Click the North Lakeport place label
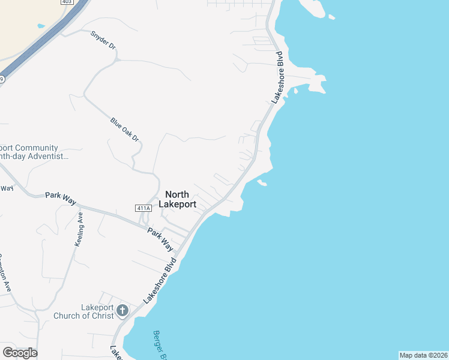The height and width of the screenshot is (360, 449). [x=177, y=199]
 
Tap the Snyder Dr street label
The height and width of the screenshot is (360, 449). [x=102, y=40]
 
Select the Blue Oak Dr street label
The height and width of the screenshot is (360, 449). [x=125, y=130]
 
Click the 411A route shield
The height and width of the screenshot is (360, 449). [x=142, y=208]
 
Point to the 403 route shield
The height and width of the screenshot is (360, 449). [x=67, y=2]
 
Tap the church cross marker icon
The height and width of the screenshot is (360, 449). [x=122, y=310]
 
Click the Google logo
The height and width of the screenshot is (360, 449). [x=20, y=352]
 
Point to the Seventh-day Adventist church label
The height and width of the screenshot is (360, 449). [x=33, y=152]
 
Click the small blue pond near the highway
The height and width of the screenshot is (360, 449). [x=41, y=26]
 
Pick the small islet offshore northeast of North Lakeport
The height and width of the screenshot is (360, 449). [x=262, y=182]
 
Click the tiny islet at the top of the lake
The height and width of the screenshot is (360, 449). [x=331, y=17]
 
